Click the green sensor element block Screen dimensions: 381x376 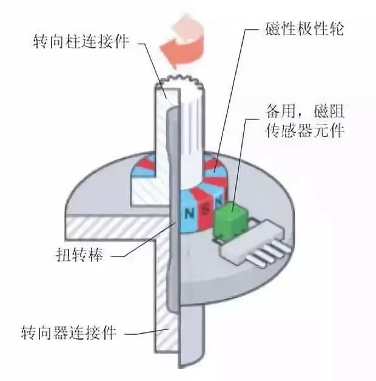228,218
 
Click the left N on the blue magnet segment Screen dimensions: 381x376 189,214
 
